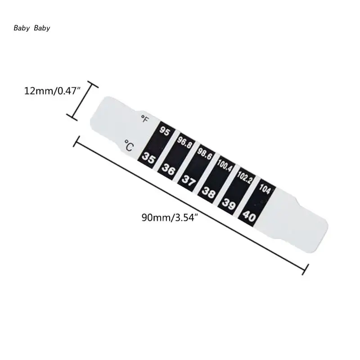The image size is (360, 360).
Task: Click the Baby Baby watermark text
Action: click(31, 28)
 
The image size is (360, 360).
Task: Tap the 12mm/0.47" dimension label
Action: click(52, 91)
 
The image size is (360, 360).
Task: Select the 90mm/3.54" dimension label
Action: click(170, 217)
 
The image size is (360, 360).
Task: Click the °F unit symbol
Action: click(145, 119)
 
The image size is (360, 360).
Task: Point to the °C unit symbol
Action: click(129, 145)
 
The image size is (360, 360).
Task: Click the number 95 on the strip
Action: click(165, 131)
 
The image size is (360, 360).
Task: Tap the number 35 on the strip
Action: click(148, 158)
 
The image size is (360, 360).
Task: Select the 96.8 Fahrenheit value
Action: click(184, 142)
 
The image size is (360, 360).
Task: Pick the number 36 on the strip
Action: click(168, 170)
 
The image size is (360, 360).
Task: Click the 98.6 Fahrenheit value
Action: click(204, 153)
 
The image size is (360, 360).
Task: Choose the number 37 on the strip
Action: click(189, 180)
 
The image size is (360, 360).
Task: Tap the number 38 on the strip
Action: click(208, 192)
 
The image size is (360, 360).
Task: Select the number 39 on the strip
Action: click(229, 204)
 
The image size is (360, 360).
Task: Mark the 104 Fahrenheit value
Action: click(265, 189)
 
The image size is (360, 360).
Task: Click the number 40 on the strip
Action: click(249, 216)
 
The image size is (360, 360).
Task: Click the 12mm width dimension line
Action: click(82, 101)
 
